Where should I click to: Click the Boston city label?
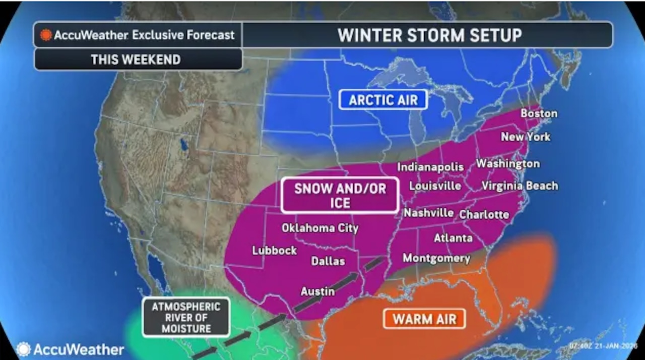pyautogui.click(x=539, y=113)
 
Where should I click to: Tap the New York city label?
pyautogui.click(x=526, y=137)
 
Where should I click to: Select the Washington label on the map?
pyautogui.click(x=507, y=164)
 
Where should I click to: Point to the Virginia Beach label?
pyautogui.click(x=520, y=186)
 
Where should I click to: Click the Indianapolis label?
pyautogui.click(x=430, y=167)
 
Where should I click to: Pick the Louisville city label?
pyautogui.click(x=435, y=186)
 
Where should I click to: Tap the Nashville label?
pyautogui.click(x=428, y=213)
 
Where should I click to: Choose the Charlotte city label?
pyautogui.click(x=484, y=214)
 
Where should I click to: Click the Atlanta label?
pyautogui.click(x=453, y=237)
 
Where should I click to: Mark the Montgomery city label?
pyautogui.click(x=436, y=258)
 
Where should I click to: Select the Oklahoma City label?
pyautogui.click(x=320, y=228)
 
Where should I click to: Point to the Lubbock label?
pyautogui.click(x=275, y=250)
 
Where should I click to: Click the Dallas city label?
pyautogui.click(x=328, y=261)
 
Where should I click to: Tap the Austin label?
pyautogui.click(x=317, y=291)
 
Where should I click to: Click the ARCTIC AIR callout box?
pyautogui.click(x=383, y=99)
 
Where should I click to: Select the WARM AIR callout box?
pyautogui.click(x=424, y=319)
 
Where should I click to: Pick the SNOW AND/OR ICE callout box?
pyautogui.click(x=340, y=195)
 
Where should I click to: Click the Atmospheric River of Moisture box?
pyautogui.click(x=186, y=318)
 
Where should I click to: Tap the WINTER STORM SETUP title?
pyautogui.click(x=429, y=35)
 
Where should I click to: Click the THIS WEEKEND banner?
pyautogui.click(x=136, y=59)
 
